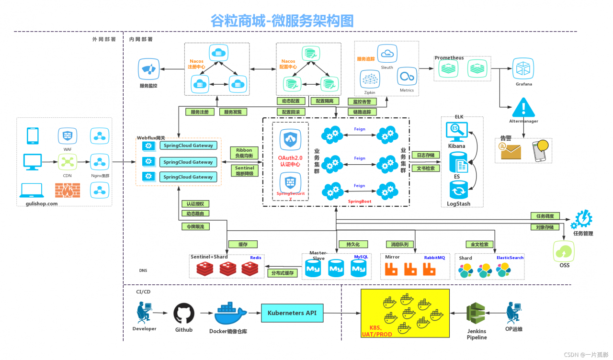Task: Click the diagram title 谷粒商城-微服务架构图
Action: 282,21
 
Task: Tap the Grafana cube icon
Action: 523,68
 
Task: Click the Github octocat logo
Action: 183,313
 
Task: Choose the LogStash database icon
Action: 458,191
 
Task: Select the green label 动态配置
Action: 291,101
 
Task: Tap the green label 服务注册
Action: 200,112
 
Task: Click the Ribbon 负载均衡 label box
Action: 244,153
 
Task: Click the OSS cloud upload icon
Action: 564,250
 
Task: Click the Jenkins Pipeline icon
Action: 477,314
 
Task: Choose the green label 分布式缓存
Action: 283,273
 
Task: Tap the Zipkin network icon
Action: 369,79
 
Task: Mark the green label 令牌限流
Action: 195,226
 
